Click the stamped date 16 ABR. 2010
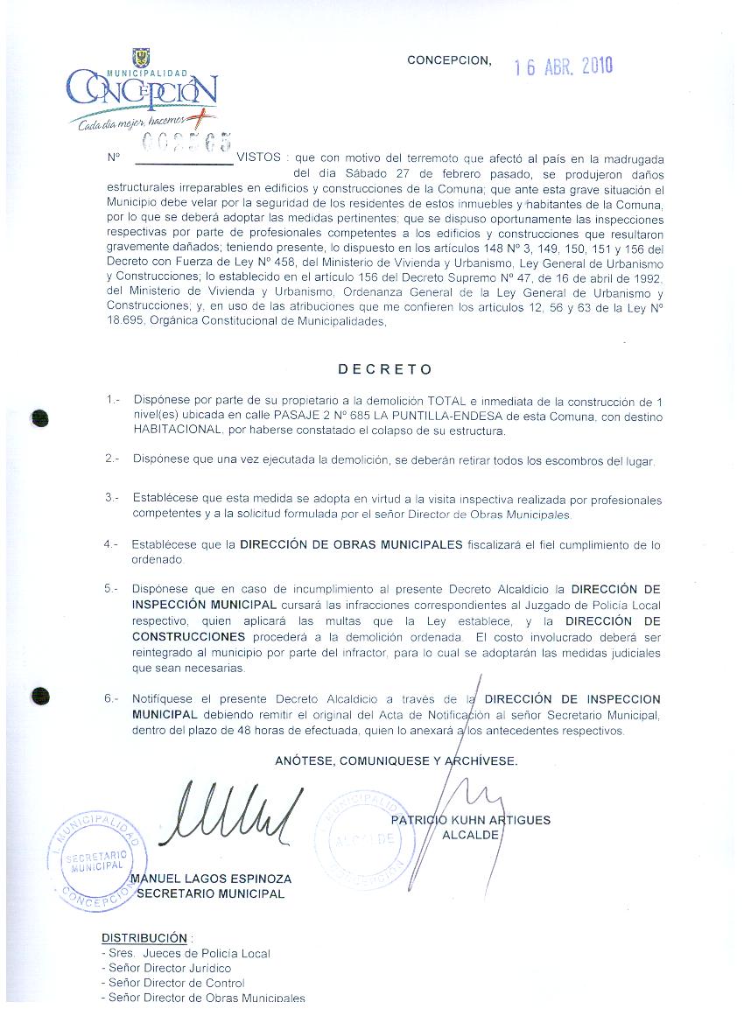tap(563, 67)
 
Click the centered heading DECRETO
tap(385, 369)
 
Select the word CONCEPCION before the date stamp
tap(449, 60)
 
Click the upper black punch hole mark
tap(39, 418)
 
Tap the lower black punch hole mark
tap(39, 697)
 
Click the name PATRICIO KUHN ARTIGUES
tap(471, 820)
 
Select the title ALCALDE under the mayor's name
tap(471, 835)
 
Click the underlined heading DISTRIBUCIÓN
tap(144, 937)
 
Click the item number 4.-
tap(110, 544)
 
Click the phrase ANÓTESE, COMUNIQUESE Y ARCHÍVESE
tap(396, 760)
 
